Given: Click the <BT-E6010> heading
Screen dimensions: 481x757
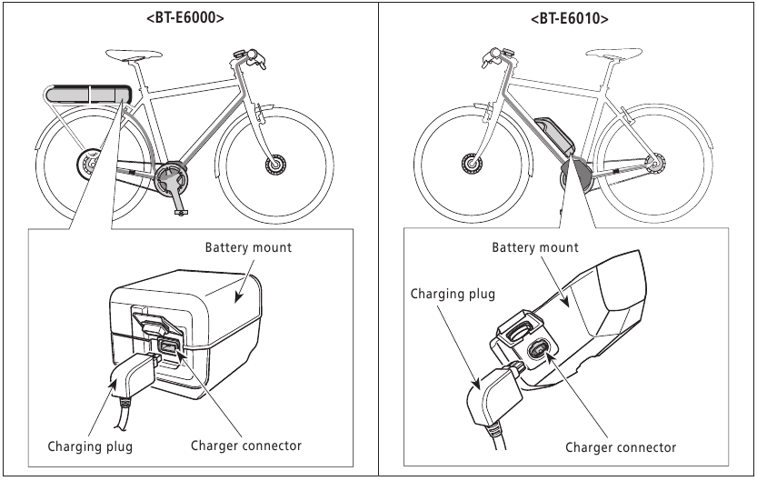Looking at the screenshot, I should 569,17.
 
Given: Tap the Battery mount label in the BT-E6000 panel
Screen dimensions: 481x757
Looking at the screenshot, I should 248,247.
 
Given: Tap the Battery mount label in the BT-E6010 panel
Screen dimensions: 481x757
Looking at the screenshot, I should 535,247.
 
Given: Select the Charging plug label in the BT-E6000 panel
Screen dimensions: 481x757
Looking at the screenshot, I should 91,446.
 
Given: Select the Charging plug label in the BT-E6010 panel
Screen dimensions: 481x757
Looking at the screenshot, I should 453,295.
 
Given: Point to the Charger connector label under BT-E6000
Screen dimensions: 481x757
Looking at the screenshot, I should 246,446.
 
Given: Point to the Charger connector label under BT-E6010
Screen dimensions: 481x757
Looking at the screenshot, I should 621,447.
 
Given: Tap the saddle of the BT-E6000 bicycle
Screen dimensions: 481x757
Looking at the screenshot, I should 134,60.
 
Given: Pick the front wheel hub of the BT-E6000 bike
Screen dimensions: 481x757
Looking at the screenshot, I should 274,165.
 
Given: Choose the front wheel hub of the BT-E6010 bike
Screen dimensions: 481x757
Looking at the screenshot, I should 472,164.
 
